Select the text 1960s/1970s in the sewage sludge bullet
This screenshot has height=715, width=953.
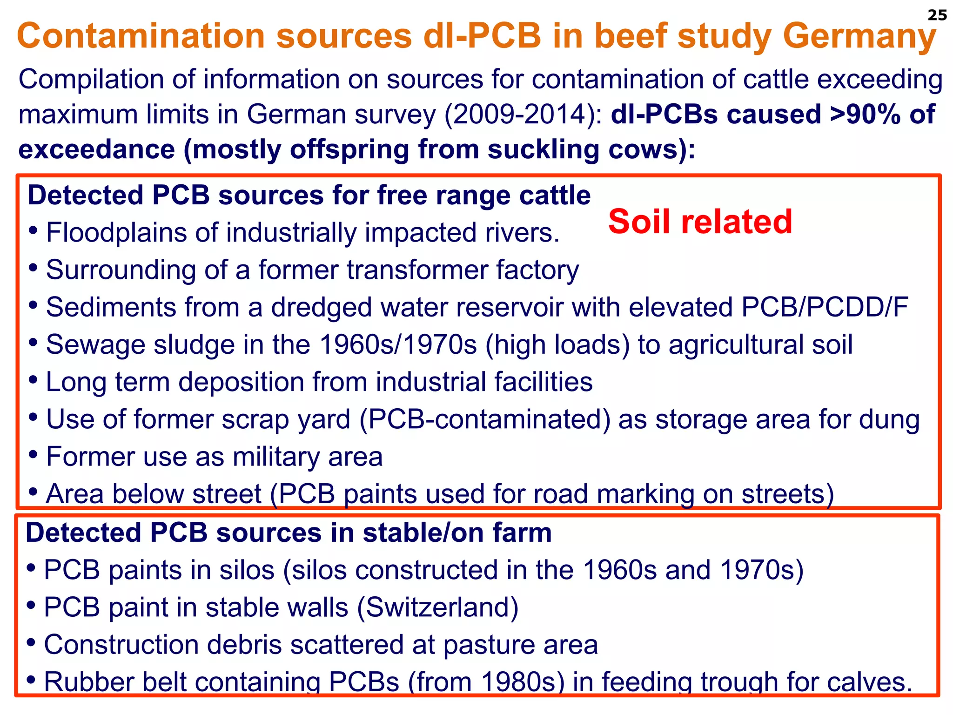(x=398, y=345)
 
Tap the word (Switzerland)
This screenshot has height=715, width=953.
(x=437, y=607)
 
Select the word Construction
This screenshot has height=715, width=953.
(x=121, y=645)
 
